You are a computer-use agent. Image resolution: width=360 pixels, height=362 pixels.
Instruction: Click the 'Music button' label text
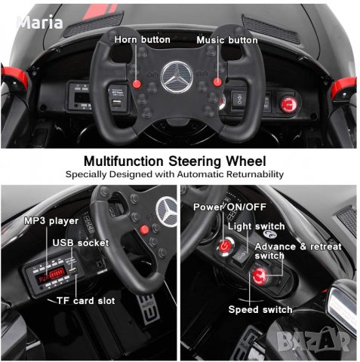[226, 39]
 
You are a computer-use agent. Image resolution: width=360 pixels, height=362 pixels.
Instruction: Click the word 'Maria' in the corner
[40, 23]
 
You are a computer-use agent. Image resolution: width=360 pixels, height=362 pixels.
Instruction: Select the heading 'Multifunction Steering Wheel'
[174, 161]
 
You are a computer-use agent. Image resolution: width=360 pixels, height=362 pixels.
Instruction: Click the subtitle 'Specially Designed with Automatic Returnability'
[174, 174]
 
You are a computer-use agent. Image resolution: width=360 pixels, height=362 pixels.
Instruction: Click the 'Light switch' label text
[258, 226]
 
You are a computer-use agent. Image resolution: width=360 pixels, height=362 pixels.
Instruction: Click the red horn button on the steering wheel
[139, 82]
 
